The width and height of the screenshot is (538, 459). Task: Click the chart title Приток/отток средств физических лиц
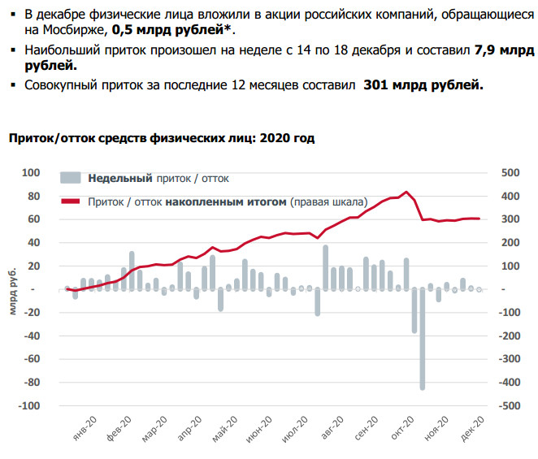161,138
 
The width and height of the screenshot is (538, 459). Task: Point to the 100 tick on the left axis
31,173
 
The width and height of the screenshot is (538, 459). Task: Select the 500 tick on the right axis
509,173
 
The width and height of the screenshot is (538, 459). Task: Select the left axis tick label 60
33,219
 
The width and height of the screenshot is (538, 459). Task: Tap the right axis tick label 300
509,219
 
